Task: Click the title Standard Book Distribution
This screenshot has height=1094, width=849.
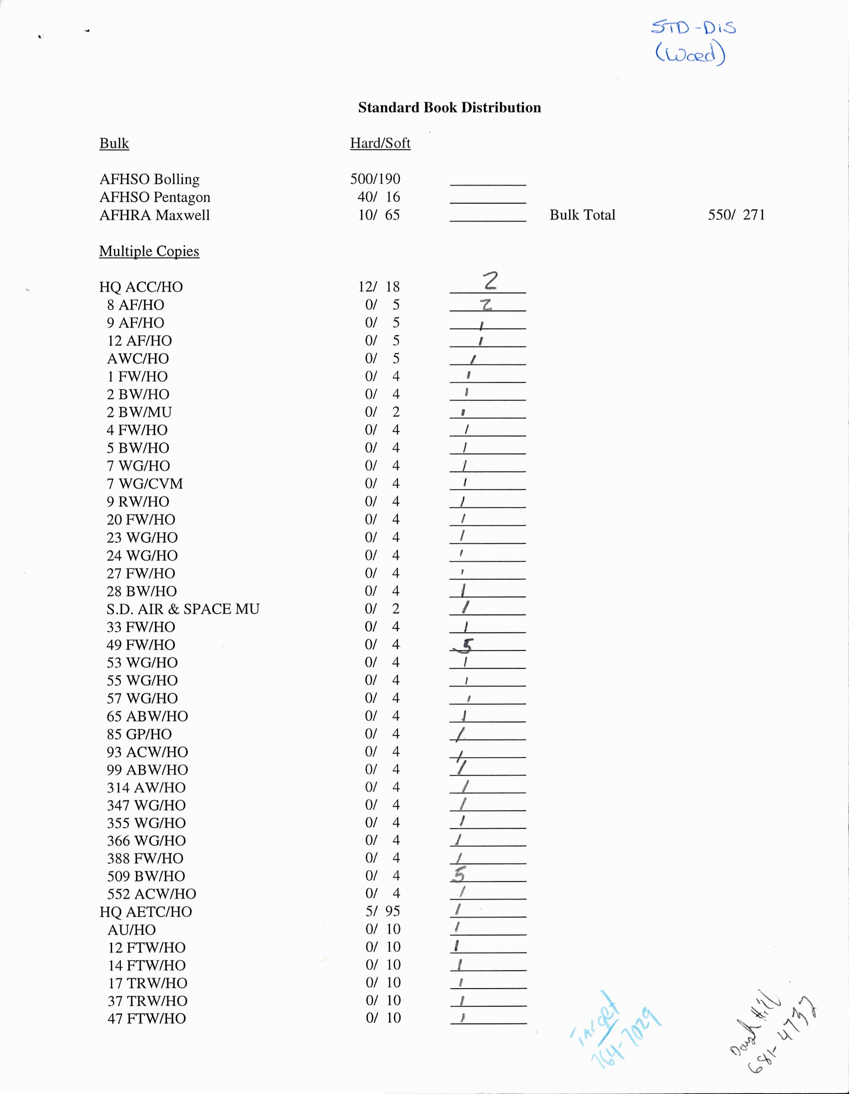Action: (449, 108)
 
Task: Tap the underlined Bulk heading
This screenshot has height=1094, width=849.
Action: (114, 144)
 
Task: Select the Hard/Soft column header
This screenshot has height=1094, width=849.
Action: (380, 143)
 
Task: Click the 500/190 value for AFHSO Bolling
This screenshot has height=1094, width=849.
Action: (375, 179)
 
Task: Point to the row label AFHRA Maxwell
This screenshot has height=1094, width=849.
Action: (154, 215)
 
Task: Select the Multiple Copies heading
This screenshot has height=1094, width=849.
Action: (149, 251)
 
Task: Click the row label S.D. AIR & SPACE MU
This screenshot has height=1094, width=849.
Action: (183, 609)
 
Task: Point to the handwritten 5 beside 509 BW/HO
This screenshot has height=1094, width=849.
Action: (458, 875)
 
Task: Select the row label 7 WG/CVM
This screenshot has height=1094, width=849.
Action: (144, 484)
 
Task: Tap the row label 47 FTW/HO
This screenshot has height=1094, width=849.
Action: (146, 1019)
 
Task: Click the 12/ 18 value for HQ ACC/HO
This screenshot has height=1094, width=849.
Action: (378, 287)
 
